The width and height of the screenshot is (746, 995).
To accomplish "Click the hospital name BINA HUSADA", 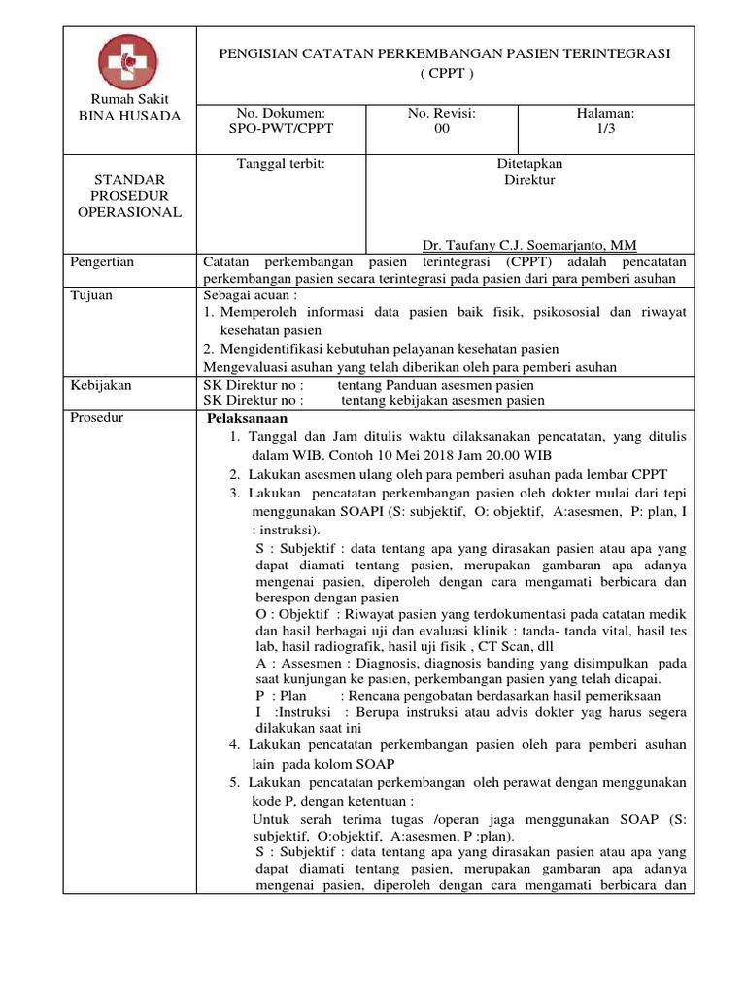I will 129,117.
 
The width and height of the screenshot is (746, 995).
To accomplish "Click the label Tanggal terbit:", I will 281,164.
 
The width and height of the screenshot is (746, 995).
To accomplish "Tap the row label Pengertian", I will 103,262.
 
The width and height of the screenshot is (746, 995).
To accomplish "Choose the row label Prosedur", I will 97,418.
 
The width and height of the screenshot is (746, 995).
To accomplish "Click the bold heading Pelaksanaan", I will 248,419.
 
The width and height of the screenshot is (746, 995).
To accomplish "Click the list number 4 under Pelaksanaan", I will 234,744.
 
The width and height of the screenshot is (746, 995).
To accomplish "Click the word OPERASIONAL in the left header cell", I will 129,212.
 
